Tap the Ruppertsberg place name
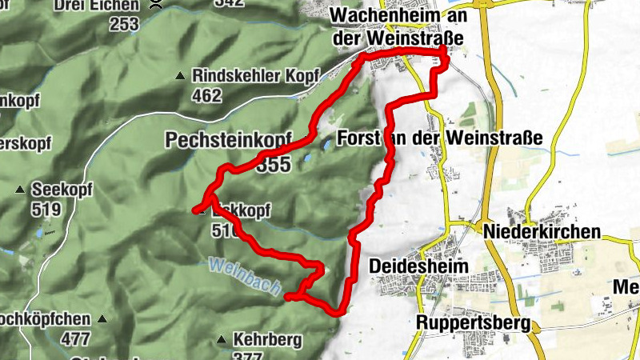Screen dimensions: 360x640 (474, 323)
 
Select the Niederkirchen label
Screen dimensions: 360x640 (542, 231)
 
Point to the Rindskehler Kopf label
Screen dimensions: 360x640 (255, 76)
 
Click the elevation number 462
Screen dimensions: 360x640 (206, 95)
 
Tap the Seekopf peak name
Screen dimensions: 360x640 (58, 190)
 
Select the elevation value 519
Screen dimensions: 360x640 (46, 210)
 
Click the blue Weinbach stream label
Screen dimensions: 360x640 (242, 274)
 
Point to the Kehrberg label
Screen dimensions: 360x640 (267, 339)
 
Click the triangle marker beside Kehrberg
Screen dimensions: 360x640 (222, 340)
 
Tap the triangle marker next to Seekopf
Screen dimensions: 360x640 (20, 190)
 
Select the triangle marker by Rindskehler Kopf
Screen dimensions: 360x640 (180, 77)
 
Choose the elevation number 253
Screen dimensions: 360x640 (125, 24)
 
